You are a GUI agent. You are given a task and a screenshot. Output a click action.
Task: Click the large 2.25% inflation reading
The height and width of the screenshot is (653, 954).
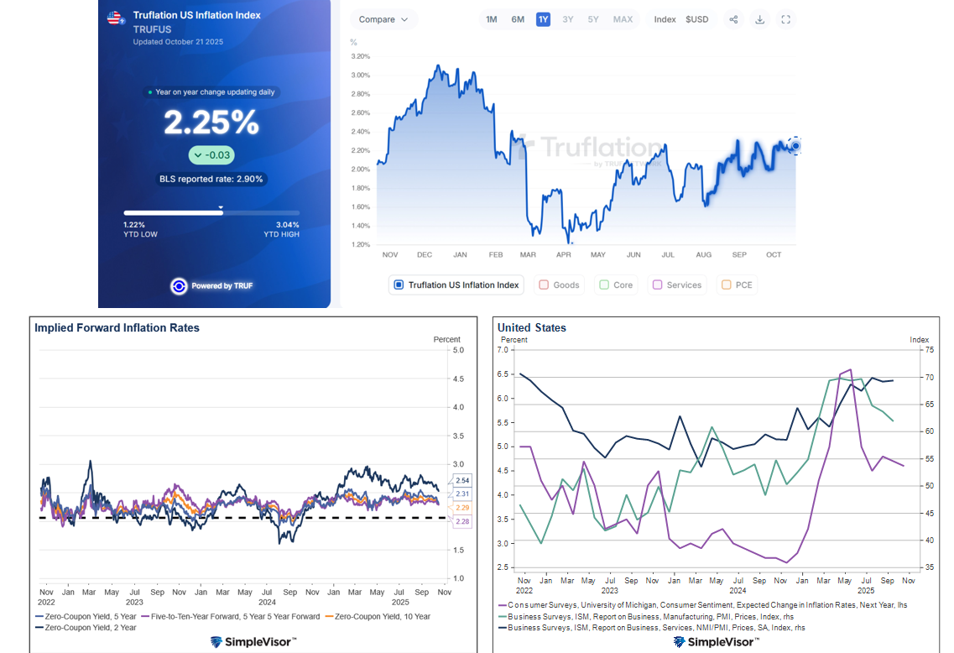coord(211,123)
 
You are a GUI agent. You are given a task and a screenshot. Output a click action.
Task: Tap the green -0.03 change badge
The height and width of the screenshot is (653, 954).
coord(211,155)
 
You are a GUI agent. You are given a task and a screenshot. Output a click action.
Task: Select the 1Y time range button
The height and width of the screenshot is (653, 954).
coord(543,19)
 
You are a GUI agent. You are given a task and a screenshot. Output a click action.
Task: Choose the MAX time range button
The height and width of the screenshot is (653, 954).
coord(623,19)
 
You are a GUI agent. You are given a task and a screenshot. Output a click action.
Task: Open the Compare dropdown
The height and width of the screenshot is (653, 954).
coord(383,19)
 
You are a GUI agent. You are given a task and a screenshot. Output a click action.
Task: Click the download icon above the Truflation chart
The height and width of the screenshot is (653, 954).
coord(759,19)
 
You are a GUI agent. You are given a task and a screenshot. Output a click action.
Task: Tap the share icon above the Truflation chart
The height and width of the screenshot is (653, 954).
coord(733,19)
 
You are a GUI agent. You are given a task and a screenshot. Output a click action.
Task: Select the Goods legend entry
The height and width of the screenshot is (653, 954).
coord(559,285)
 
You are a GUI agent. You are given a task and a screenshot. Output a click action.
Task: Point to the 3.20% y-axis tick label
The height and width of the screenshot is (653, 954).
coord(360,56)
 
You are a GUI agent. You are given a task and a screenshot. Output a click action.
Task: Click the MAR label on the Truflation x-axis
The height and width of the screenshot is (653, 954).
coord(528,254)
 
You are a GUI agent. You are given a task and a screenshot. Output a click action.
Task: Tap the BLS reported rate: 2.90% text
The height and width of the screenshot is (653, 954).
coord(211,179)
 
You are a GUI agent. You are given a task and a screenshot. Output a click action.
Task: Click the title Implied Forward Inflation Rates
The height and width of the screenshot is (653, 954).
coord(117,328)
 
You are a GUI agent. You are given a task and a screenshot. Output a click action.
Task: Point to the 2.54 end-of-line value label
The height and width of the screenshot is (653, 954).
coord(462,480)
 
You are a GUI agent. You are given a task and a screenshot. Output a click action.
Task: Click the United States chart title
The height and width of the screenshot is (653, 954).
coord(531,327)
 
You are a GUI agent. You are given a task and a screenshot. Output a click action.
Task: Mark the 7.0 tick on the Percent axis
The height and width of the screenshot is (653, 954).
coord(507,351)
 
